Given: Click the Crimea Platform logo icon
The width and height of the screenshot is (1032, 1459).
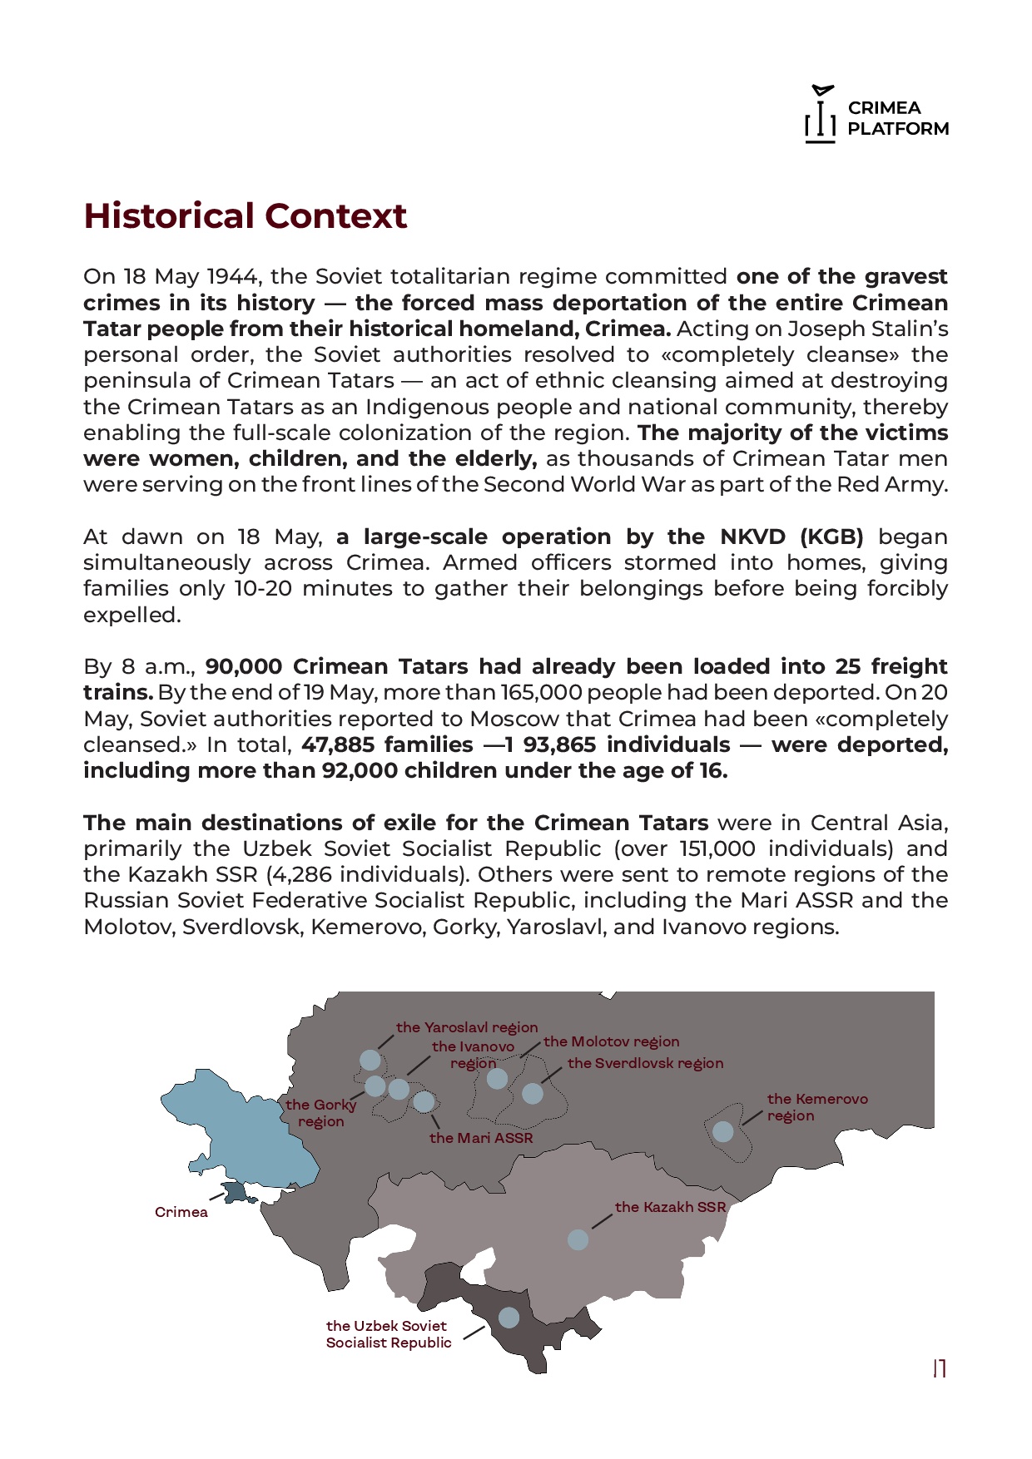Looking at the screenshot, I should click(821, 115).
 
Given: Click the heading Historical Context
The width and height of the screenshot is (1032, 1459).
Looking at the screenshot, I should click(245, 216).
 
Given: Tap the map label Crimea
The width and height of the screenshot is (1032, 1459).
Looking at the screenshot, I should click(181, 1212).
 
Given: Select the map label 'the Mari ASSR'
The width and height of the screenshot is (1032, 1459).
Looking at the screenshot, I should click(481, 1138).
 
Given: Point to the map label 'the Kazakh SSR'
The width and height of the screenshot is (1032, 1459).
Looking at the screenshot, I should click(670, 1207).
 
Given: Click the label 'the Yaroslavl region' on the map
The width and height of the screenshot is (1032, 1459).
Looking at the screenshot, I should click(467, 1027).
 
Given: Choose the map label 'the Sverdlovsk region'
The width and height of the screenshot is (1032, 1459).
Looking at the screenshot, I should click(645, 1063).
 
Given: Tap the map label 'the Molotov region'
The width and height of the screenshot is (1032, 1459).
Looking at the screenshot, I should click(611, 1041).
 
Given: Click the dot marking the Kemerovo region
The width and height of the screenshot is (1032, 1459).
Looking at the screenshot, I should click(723, 1131).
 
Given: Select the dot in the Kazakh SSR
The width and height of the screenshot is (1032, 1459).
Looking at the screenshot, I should click(578, 1239).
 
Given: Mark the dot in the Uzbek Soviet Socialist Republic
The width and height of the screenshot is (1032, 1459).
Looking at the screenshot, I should click(509, 1317).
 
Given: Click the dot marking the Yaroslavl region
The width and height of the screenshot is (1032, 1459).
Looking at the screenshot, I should click(370, 1060).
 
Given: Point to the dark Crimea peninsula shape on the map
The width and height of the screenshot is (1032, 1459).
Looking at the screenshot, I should click(236, 1193).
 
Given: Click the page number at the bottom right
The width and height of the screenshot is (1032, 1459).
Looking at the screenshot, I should click(940, 1368).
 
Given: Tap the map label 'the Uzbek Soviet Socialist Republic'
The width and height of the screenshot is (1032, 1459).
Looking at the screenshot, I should click(388, 1333).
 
